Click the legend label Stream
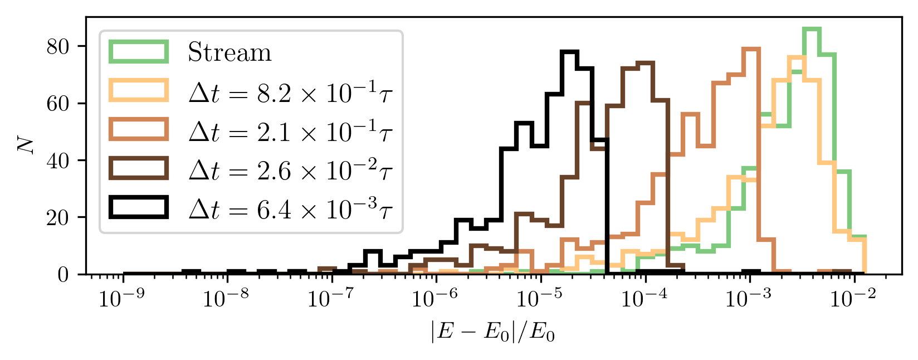[x=229, y=53]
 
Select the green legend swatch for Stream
[x=139, y=52]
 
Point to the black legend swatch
[x=139, y=207]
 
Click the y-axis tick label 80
[x=58, y=46]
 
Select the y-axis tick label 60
[x=58, y=104]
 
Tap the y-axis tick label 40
[x=58, y=160]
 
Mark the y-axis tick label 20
[x=58, y=217]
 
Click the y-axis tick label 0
[x=64, y=275]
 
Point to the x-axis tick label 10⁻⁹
[x=121, y=299]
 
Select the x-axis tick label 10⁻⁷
[x=330, y=299]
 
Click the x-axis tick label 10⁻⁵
[x=539, y=299]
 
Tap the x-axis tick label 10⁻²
[x=853, y=299]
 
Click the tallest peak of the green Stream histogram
[x=812, y=29]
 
